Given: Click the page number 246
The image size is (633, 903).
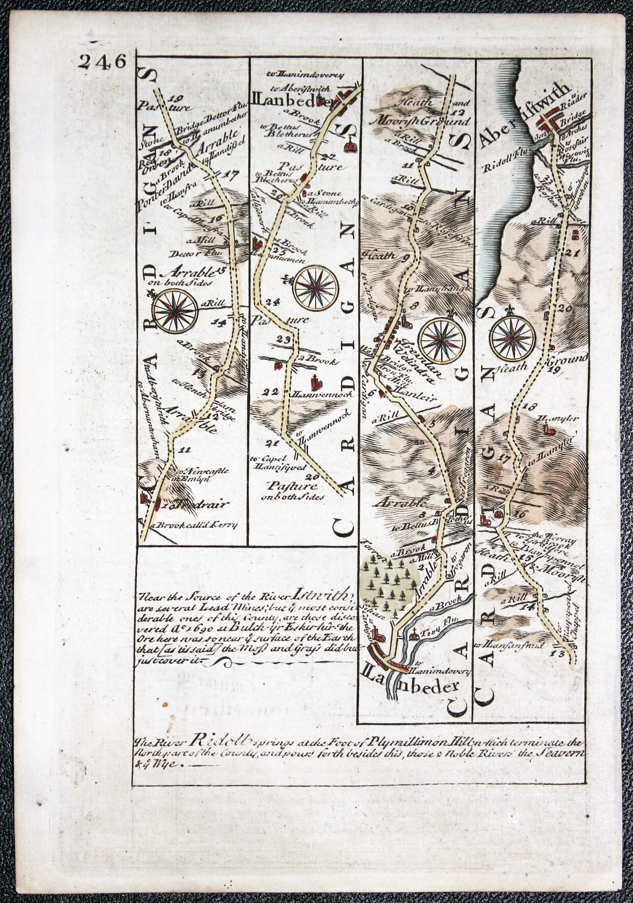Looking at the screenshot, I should [x=101, y=62].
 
